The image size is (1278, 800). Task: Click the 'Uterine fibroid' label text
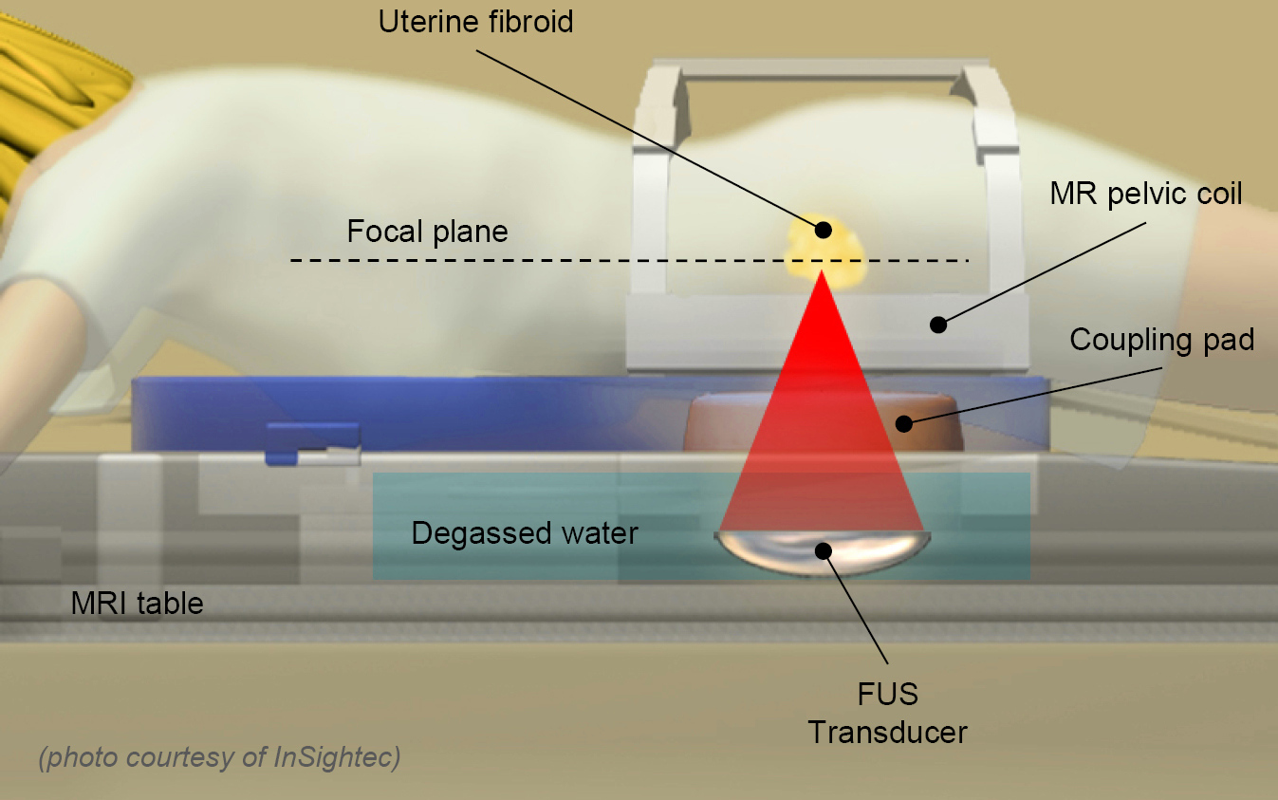click(x=475, y=22)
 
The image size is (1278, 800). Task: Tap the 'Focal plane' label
click(x=427, y=232)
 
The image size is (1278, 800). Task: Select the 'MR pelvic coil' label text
click(x=1145, y=195)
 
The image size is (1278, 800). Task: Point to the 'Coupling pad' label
click(x=1161, y=340)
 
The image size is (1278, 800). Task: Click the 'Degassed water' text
click(x=524, y=533)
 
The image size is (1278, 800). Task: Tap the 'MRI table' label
click(x=137, y=603)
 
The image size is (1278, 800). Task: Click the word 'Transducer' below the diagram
click(x=888, y=733)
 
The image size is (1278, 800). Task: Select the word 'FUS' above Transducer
click(x=888, y=695)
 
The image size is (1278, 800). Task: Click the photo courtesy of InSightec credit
click(x=219, y=757)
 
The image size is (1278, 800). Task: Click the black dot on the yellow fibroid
click(x=824, y=230)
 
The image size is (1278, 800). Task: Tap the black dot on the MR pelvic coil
click(x=937, y=325)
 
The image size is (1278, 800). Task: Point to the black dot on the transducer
click(x=823, y=549)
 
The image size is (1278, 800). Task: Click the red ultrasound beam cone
click(x=823, y=399)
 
